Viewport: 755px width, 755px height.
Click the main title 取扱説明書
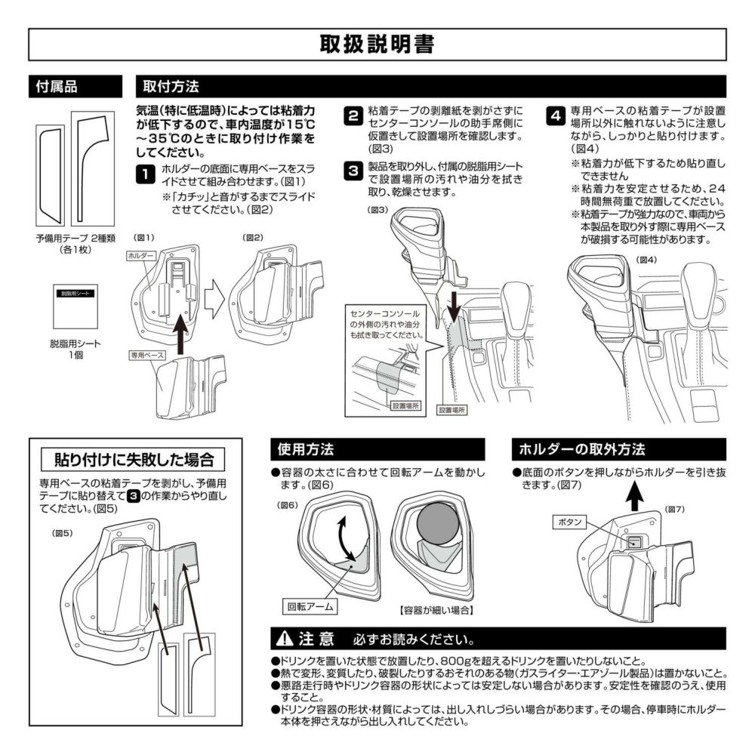pyautogui.click(x=377, y=45)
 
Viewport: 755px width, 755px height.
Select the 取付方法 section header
pyautogui.click(x=171, y=87)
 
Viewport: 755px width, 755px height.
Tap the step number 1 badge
pyautogui.click(x=144, y=175)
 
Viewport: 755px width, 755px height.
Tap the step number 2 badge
pyautogui.click(x=352, y=116)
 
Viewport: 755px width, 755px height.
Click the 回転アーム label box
pyautogui.click(x=310, y=606)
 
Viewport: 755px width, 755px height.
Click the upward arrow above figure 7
pyautogui.click(x=636, y=498)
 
